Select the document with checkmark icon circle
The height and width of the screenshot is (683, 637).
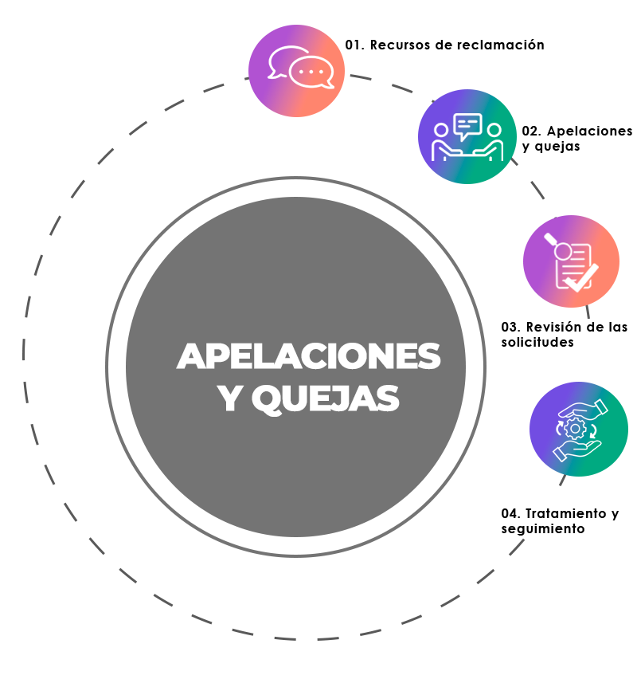[x=571, y=261]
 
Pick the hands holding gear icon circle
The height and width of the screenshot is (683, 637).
[x=579, y=430]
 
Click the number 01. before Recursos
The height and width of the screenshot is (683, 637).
[x=354, y=45]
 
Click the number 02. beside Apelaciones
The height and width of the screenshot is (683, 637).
[x=531, y=131]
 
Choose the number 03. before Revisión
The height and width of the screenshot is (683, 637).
[x=510, y=328]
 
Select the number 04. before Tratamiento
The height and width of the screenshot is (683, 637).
[x=511, y=514]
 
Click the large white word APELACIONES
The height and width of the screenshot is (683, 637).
[x=308, y=356]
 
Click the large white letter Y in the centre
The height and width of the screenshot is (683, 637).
[x=230, y=399]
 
